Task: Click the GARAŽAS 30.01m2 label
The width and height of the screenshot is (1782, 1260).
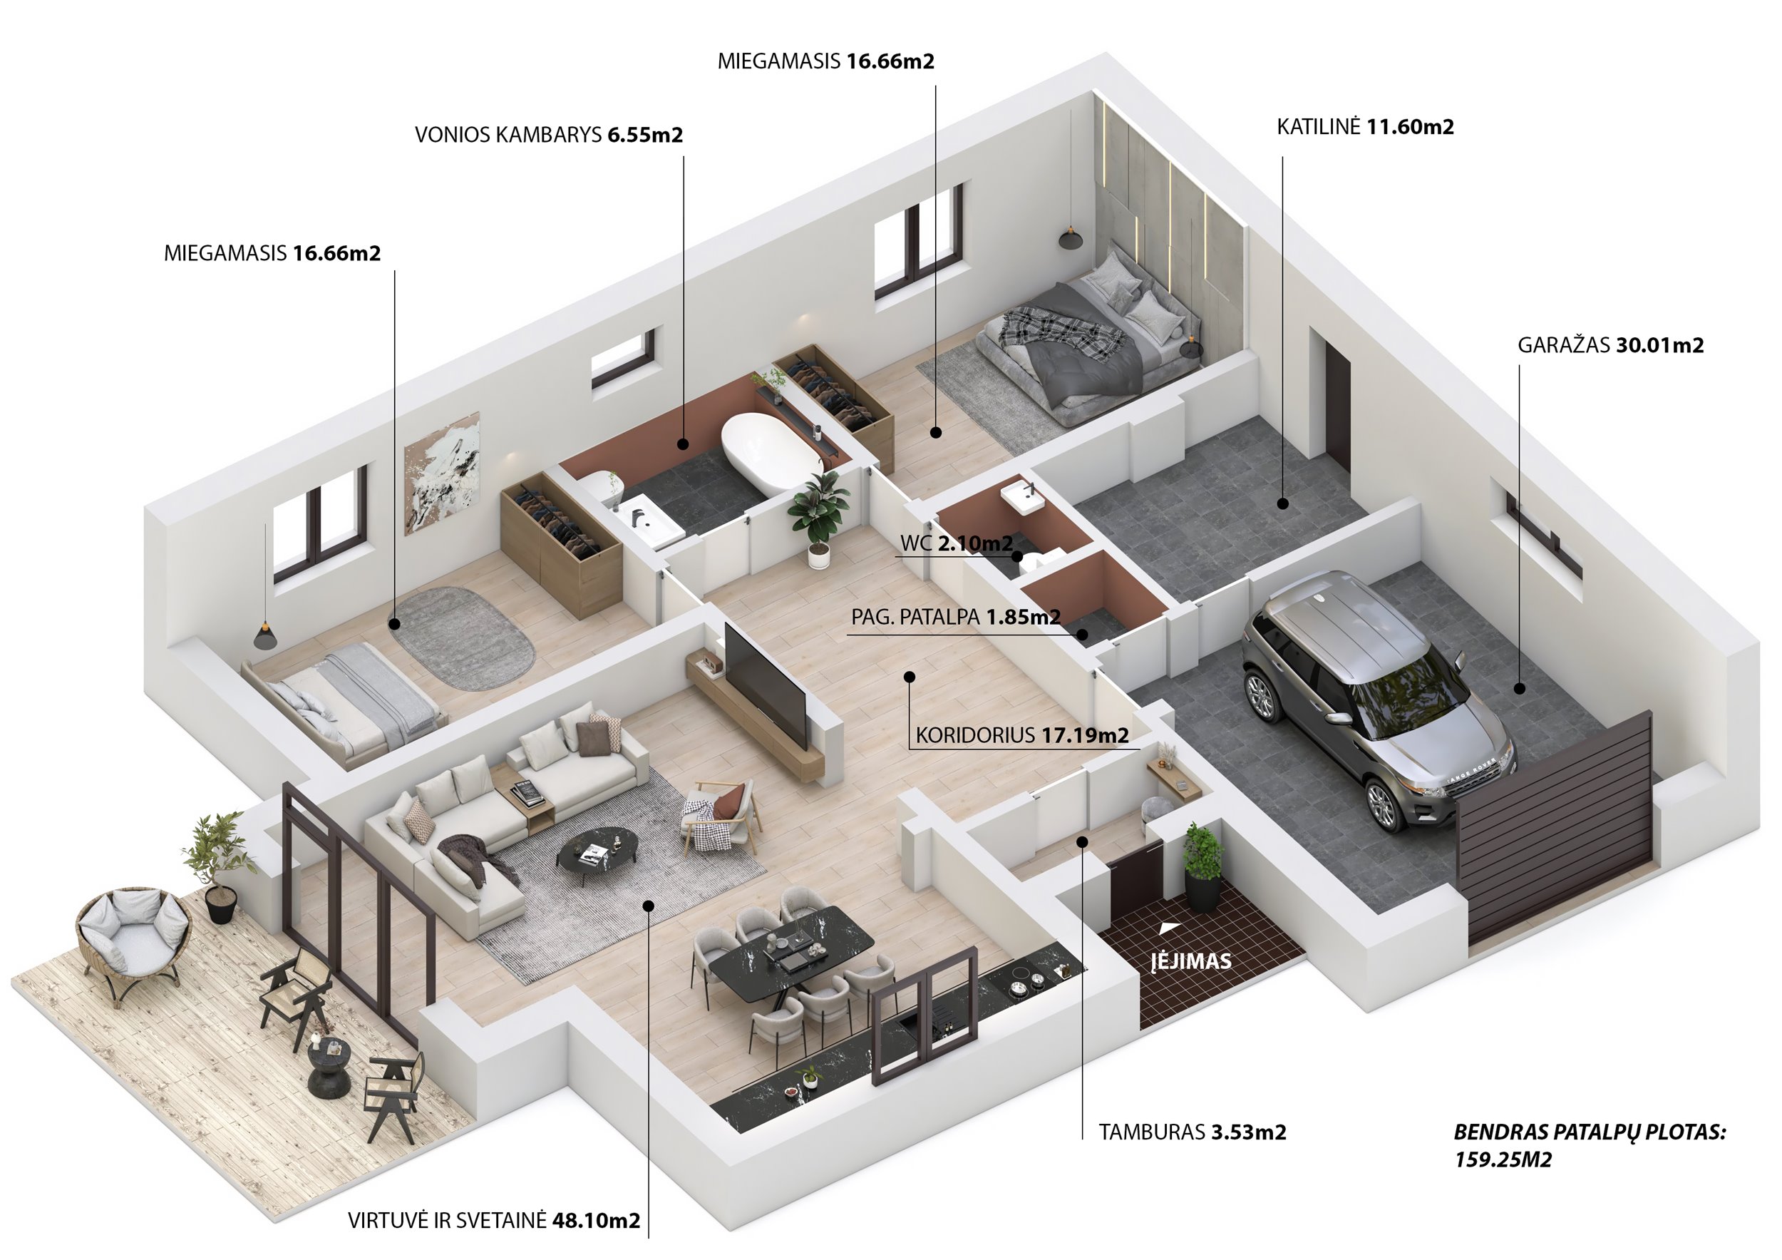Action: (x=1610, y=345)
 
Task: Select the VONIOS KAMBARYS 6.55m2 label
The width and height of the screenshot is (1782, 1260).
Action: (x=549, y=135)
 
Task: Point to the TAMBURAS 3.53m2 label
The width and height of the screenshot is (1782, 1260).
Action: (x=1192, y=1132)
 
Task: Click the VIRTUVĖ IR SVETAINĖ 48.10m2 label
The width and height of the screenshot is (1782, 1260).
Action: (x=494, y=1220)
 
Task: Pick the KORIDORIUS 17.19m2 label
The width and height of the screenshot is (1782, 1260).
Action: (x=1022, y=734)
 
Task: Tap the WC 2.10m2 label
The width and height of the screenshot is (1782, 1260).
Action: (x=956, y=543)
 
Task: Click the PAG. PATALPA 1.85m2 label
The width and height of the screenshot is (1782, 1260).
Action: (x=955, y=618)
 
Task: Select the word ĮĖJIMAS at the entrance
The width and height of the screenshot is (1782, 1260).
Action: (x=1190, y=961)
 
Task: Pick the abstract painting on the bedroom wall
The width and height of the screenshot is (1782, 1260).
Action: (x=443, y=473)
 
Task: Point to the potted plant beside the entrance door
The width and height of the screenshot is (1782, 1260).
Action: (x=1202, y=866)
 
